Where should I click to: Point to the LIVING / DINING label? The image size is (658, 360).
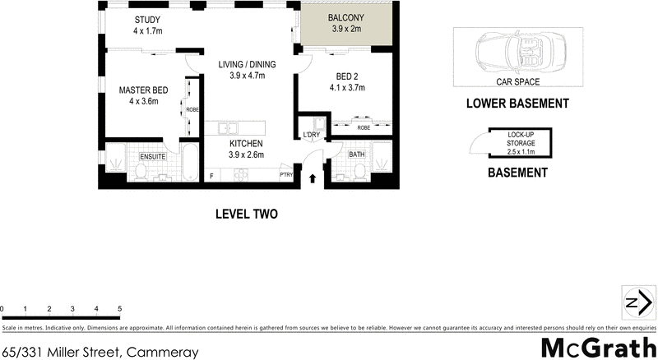[247, 65]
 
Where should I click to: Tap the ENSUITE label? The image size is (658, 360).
[153, 156]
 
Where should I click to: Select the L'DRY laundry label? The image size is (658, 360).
[312, 134]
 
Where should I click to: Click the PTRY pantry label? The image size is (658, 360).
[287, 174]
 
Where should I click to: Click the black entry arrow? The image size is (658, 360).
[313, 177]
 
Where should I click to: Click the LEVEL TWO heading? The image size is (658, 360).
[246, 215]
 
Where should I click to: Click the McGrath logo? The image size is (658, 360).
[598, 346]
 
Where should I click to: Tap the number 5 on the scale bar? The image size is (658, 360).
[120, 310]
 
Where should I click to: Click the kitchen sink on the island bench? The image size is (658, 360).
[231, 128]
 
